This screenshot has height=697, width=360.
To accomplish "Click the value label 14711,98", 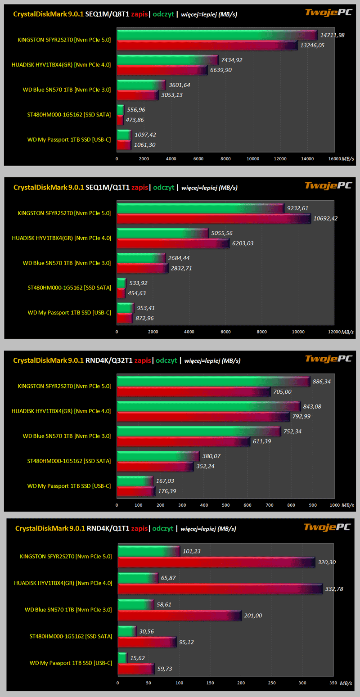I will pos(332,35).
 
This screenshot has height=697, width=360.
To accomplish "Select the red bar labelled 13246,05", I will pos(207,45).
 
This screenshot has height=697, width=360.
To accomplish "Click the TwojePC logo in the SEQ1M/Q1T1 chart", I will pos(328,185).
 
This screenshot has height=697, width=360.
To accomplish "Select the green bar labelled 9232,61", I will pos(200,208).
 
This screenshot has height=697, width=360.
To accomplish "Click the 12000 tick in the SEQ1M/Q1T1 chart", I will pos(334,332).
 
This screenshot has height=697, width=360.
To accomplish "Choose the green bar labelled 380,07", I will pos(157,456).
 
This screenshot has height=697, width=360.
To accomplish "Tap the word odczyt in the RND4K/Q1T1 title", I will pos(163,528).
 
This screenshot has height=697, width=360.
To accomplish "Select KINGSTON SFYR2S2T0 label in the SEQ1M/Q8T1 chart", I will pos(64,40).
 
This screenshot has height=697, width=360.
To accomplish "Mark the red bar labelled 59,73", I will pos(136,669).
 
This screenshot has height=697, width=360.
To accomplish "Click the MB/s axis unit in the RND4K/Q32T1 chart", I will pos(347,505).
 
